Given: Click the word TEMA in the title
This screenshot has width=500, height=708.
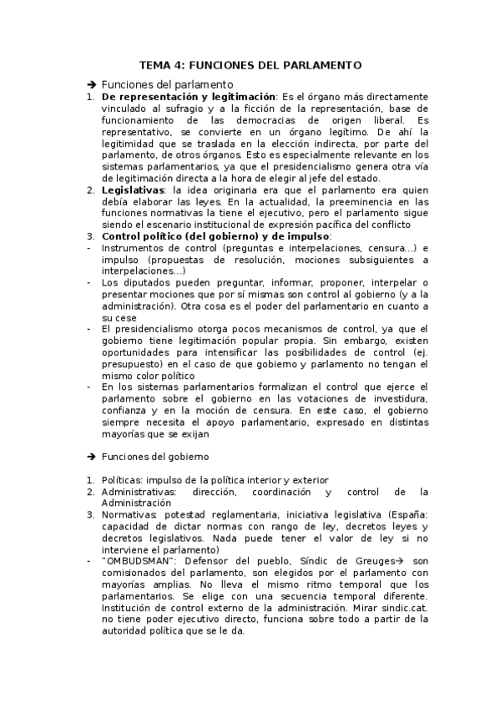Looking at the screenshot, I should (154, 64).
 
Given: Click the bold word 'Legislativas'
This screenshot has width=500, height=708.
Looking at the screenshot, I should (131, 190).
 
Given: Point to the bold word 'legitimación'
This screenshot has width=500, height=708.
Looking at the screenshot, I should (239, 97).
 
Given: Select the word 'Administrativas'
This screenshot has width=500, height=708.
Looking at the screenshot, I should (139, 492).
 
